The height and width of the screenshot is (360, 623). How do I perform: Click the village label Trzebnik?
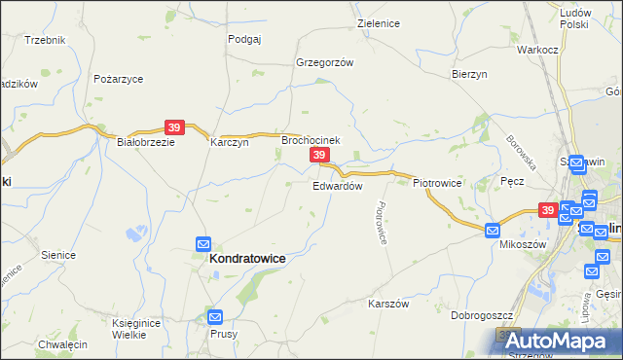pos(45,40)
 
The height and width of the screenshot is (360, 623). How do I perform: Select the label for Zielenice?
pos(379,22)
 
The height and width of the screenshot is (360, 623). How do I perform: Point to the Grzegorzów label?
pos(323,61)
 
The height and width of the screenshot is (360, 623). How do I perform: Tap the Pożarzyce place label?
pos(119,78)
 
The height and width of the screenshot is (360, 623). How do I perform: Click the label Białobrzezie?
pos(145,141)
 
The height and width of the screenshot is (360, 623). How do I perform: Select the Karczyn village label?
pos(230,141)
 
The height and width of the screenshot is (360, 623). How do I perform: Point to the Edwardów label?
pos(338,185)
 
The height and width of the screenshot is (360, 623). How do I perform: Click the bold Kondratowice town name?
pos(248,260)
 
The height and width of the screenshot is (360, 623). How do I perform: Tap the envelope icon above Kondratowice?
pos(203,243)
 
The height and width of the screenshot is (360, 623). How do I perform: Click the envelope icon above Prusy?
pos(215,316)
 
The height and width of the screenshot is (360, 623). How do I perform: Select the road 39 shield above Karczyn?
pos(174,127)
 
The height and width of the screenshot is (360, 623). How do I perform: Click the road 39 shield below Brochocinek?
pos(318,156)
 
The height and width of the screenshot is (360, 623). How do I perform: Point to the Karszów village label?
pos(386,304)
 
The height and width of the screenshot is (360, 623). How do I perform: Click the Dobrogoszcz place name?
pos(482,315)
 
